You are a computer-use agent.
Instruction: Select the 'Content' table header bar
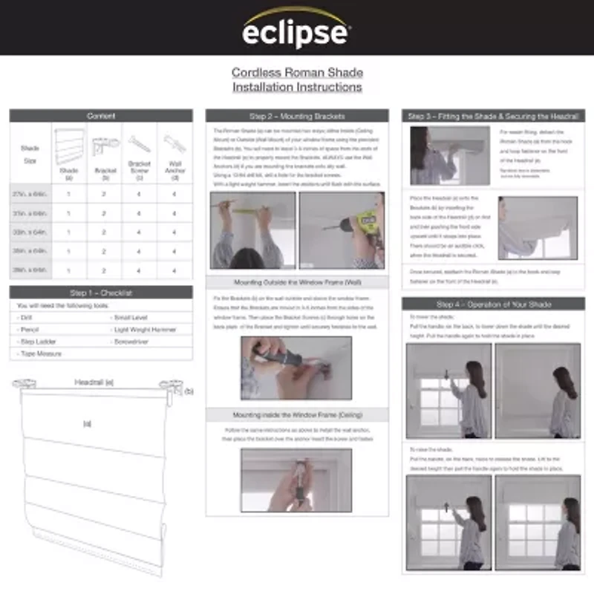tap(101, 116)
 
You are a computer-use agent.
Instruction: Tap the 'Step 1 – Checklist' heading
tap(101, 293)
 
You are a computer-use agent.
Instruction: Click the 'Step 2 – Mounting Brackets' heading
tap(296, 117)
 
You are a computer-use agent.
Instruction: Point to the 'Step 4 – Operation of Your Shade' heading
tap(493, 304)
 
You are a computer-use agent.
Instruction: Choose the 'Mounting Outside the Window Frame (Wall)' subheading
tap(296, 283)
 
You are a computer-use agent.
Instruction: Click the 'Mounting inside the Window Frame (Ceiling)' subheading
tap(296, 415)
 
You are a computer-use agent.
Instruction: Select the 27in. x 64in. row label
tap(30, 193)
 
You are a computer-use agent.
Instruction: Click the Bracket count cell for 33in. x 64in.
tap(105, 232)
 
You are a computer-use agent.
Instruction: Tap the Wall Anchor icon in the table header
tap(174, 143)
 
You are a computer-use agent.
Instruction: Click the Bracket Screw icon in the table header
tap(139, 143)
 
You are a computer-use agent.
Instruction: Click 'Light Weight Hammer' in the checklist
tap(146, 330)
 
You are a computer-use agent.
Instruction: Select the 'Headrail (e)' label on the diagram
tap(94, 382)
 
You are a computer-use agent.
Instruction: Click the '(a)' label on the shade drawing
tap(88, 424)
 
